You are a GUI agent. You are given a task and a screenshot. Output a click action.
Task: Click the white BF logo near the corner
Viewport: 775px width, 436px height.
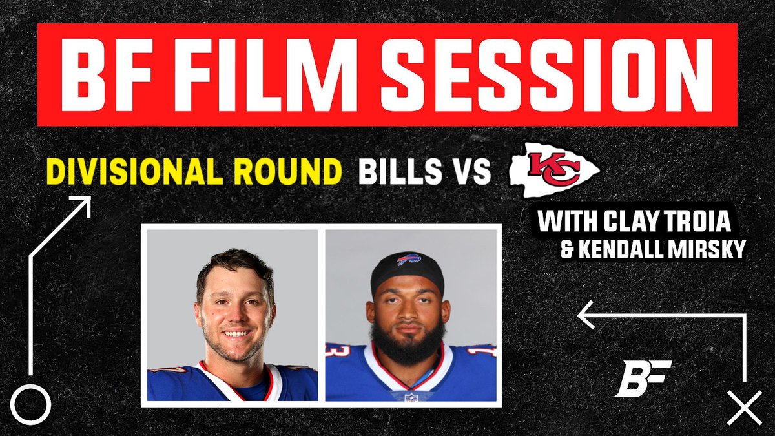coord(642,378)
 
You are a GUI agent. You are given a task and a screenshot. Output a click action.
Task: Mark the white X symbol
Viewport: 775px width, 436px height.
coord(744,408)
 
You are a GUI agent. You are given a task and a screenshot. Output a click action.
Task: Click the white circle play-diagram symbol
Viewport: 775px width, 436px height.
coord(30,404)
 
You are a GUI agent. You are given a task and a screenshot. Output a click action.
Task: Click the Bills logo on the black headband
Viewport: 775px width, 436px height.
coord(409,260)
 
